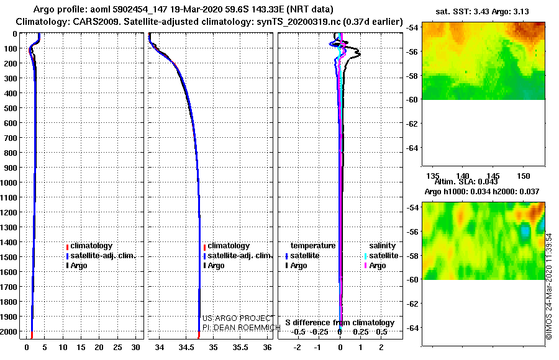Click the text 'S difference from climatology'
pyautogui.click(x=340, y=323)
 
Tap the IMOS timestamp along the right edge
pyautogui.click(x=549, y=286)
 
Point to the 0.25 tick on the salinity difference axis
pyautogui.click(x=360, y=332)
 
